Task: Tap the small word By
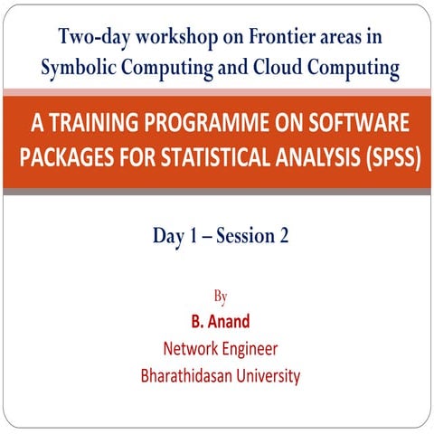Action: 219,296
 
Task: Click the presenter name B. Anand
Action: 219,321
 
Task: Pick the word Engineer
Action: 249,349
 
